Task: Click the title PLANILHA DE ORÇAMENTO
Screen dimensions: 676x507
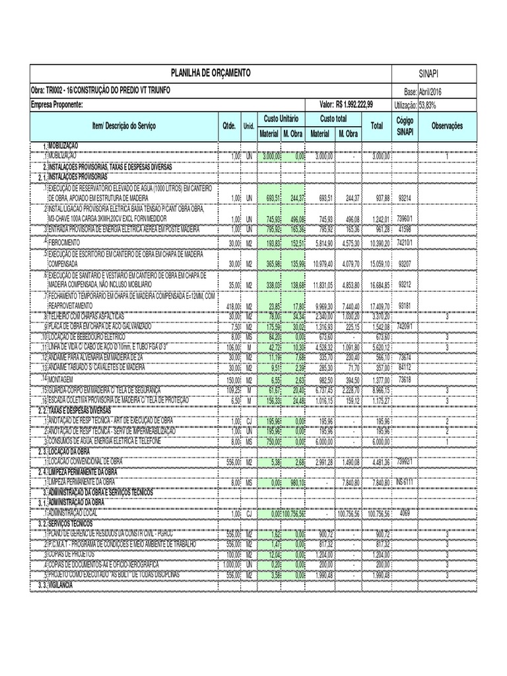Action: tap(211, 71)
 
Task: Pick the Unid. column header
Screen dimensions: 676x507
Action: tap(249, 125)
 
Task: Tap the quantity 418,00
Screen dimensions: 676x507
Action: tap(232, 307)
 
